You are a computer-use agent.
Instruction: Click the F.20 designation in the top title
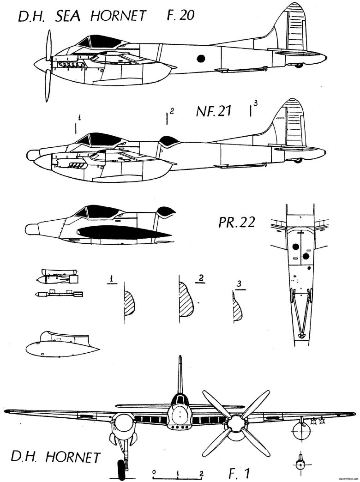click(177, 17)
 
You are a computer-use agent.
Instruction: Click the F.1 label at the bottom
click(240, 472)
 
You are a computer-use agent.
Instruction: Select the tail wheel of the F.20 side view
click(299, 65)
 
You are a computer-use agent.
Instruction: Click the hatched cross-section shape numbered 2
click(187, 300)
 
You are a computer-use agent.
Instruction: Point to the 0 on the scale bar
click(154, 473)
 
